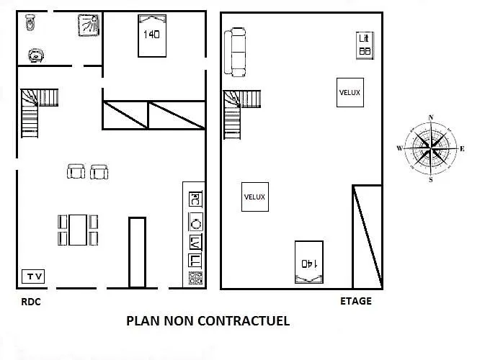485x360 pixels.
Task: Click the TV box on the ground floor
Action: click(x=33, y=276)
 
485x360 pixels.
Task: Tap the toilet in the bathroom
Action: click(x=30, y=22)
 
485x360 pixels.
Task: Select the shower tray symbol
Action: click(x=89, y=25)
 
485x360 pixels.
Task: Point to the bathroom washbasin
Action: click(x=36, y=55)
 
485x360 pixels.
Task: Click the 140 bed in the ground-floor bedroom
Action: click(x=152, y=36)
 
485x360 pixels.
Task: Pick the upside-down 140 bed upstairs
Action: click(x=309, y=262)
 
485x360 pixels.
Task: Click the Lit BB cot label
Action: click(x=365, y=45)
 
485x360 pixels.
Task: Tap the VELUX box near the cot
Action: click(x=350, y=92)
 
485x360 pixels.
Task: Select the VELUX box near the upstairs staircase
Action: click(x=255, y=197)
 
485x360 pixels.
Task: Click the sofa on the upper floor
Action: click(x=235, y=52)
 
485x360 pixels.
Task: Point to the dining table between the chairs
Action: click(x=78, y=230)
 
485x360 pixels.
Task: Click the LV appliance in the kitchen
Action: click(x=195, y=243)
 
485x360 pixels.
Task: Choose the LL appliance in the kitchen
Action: click(x=195, y=261)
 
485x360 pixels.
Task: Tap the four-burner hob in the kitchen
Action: click(x=195, y=277)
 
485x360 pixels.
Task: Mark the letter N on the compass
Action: click(x=431, y=117)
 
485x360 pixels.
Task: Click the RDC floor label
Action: click(x=31, y=302)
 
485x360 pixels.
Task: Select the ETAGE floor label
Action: click(x=356, y=301)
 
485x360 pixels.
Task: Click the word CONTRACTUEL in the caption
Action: click(x=244, y=320)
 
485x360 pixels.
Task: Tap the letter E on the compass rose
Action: click(x=462, y=149)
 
